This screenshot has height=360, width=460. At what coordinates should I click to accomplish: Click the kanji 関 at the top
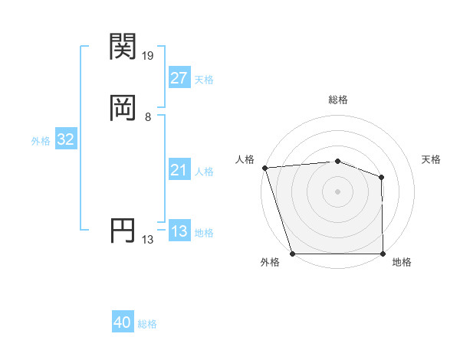tap(124, 47)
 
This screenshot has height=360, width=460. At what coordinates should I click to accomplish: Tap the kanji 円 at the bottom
tap(124, 231)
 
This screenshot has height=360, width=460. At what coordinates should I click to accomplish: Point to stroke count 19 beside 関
tap(148, 56)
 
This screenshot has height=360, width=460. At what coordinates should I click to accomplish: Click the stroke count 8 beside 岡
tap(148, 117)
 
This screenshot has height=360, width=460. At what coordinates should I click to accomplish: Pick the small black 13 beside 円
tap(148, 240)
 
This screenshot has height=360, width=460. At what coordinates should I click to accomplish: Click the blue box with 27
tap(179, 78)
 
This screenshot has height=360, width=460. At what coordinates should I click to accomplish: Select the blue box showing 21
tap(179, 170)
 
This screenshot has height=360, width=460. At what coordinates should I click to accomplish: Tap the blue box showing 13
tap(179, 231)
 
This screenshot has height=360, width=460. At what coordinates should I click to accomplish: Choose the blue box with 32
tap(65, 139)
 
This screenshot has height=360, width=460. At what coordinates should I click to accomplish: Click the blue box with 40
tap(123, 322)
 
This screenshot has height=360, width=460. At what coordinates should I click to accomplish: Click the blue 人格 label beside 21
tap(204, 172)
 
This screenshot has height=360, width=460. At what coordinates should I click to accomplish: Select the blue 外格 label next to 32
tap(41, 141)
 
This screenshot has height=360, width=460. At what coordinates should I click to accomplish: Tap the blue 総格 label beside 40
tap(147, 324)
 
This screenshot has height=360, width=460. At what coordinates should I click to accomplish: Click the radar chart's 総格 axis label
tap(338, 100)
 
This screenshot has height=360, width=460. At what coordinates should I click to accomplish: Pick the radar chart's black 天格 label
tap(432, 159)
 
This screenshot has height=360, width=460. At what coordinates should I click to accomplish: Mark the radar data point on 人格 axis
tap(264, 168)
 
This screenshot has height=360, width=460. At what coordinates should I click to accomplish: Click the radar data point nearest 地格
tap(383, 254)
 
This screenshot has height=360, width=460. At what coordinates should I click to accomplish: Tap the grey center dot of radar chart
tap(337, 191)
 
